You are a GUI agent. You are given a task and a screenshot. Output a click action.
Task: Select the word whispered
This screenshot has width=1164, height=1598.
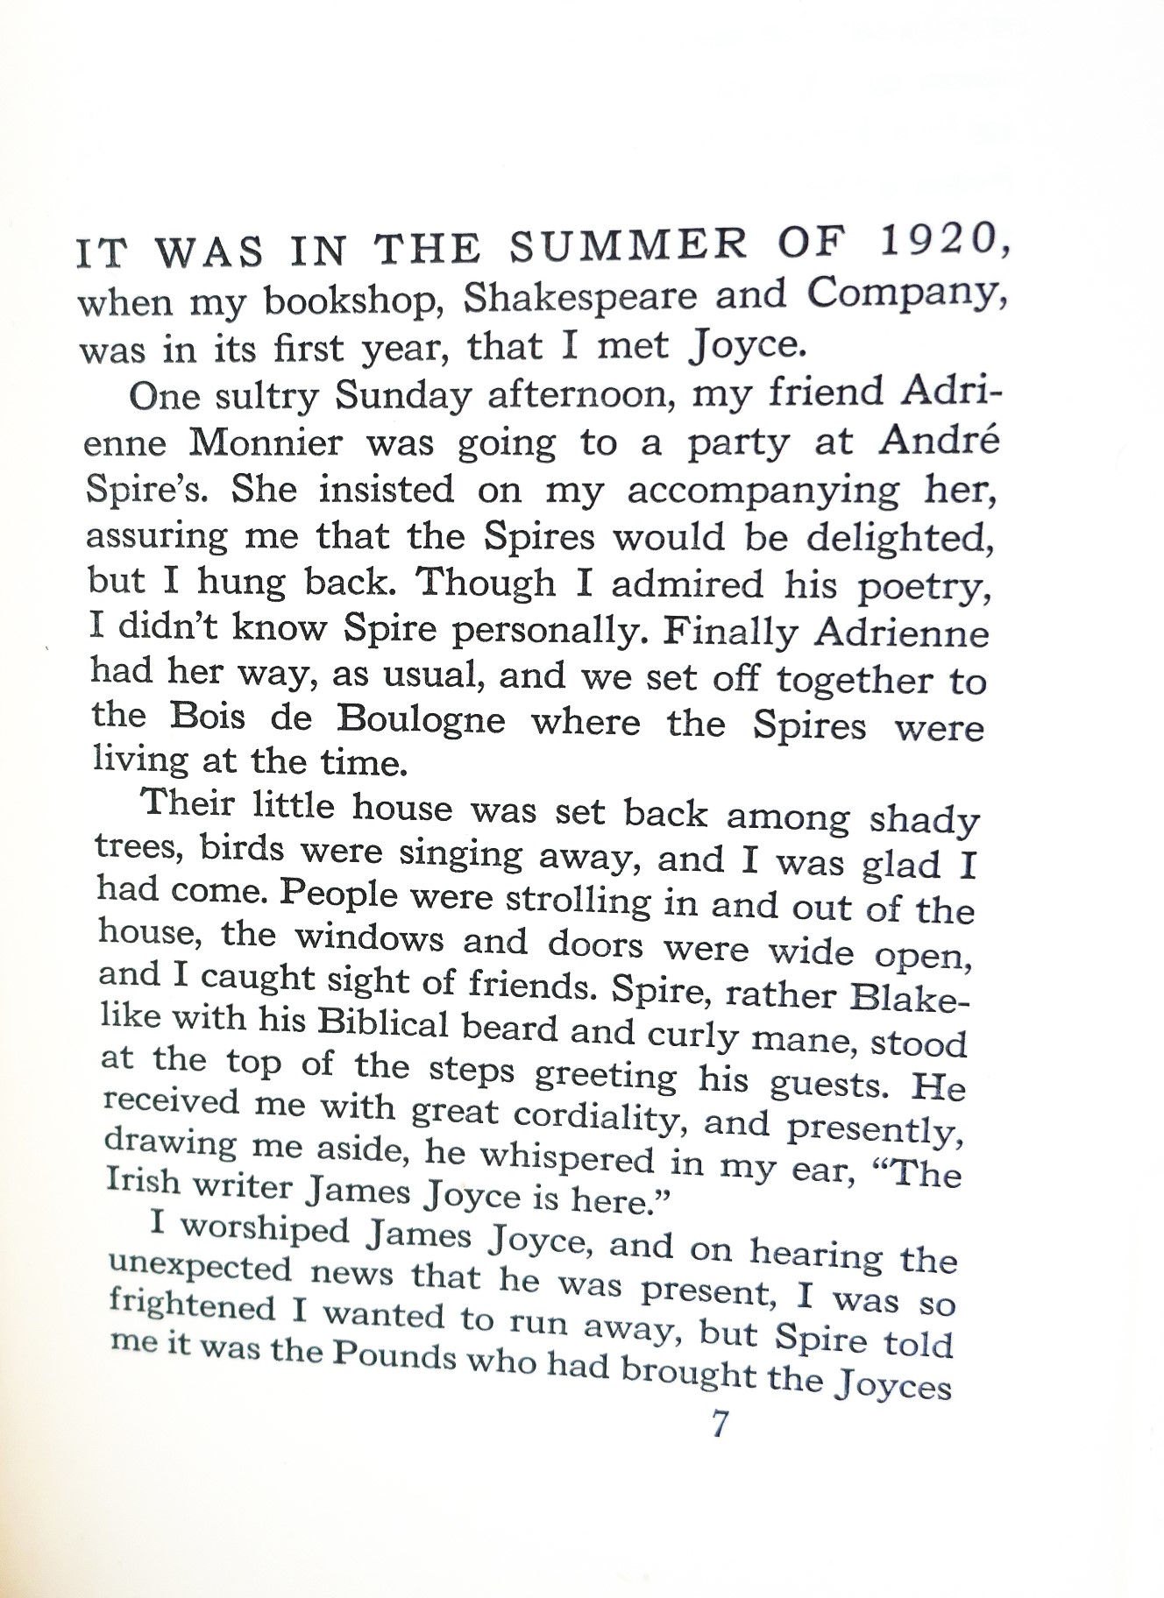point(560,1157)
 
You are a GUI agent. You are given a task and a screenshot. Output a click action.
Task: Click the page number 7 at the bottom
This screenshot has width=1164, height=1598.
point(719,1425)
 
